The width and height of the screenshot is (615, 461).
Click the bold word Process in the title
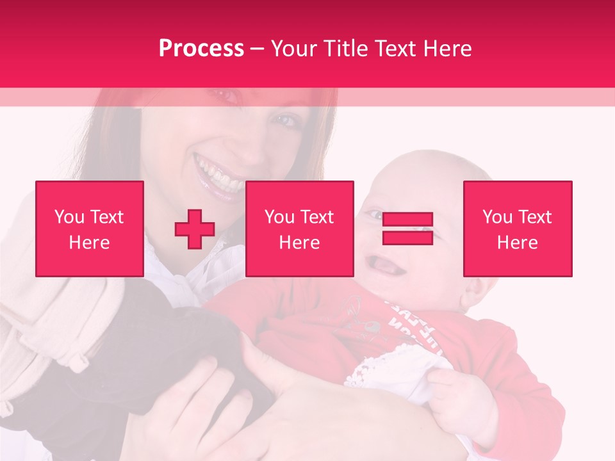(201, 49)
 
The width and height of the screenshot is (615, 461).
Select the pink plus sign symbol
(195, 229)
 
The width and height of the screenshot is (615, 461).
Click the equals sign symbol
(407, 229)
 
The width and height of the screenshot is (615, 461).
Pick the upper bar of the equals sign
(407, 220)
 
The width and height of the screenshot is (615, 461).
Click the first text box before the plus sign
(90, 229)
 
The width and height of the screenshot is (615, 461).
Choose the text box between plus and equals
(300, 229)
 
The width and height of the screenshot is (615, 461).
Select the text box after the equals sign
(518, 229)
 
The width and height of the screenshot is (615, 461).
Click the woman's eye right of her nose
(286, 120)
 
